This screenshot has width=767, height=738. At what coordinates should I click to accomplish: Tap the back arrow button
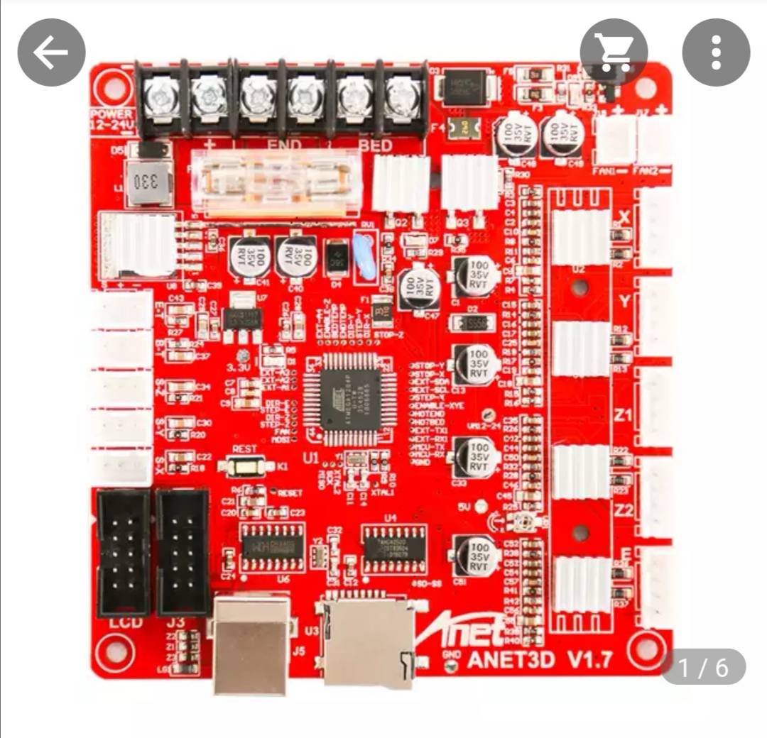tap(51, 53)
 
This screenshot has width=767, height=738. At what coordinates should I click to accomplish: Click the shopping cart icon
tap(614, 52)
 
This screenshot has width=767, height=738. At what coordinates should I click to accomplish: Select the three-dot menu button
tap(716, 52)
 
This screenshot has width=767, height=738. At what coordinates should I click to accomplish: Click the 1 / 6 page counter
tap(703, 667)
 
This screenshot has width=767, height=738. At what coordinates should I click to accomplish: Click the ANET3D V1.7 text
tap(539, 660)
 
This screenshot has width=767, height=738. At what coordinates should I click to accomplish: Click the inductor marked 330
tap(148, 182)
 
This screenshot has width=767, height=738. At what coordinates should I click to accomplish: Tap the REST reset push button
tap(245, 466)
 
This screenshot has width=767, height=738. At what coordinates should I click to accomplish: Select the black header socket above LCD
tap(124, 553)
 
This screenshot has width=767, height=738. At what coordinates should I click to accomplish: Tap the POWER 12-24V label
tap(111, 119)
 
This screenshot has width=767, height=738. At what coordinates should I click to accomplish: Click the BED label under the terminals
tap(375, 145)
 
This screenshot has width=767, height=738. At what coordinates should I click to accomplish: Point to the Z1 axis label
tap(623, 415)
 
